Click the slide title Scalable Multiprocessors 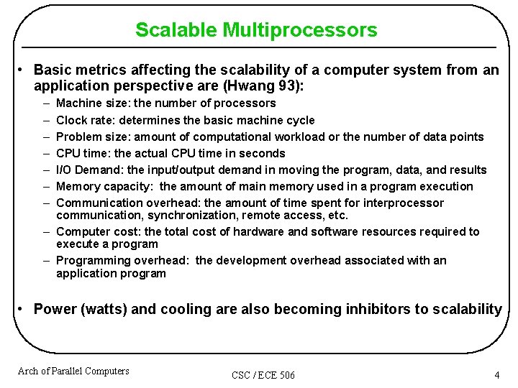pos(255,30)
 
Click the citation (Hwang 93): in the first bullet pos(265,87)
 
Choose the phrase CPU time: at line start pos(82,153)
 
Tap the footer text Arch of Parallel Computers pos(73,371)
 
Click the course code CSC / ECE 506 pos(263,375)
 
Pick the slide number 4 pos(496,374)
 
